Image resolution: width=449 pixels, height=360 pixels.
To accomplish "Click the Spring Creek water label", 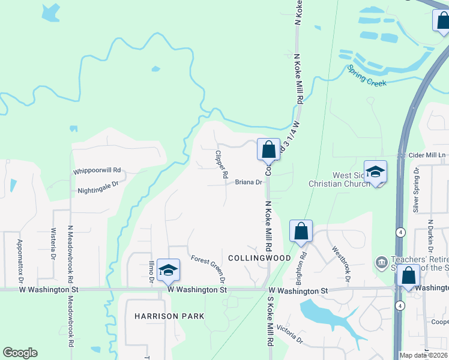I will pos(366,76).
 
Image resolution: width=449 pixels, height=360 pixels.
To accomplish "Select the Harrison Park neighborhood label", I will pos(169,316).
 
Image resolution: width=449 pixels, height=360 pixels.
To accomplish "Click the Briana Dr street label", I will pos(249,182).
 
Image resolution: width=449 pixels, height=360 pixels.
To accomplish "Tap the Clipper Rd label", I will pos(220,164).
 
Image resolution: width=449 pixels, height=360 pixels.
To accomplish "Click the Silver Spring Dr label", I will pos(415,190).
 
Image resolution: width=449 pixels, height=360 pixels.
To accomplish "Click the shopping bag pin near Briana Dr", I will pos(268,149).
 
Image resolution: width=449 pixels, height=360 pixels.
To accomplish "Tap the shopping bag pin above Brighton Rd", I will pos(301,230).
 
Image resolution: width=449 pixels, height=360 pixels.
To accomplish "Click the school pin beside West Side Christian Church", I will pos(375,172).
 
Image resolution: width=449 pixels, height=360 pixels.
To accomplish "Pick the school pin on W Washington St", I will pos(169,270).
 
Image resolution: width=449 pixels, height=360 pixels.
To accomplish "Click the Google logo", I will pos(20,353).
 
